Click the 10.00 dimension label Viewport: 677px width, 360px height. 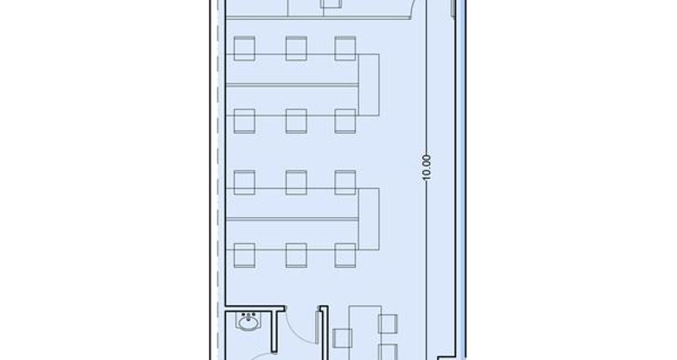pyautogui.click(x=426, y=168)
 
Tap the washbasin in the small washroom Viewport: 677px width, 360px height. pyautogui.click(x=249, y=322)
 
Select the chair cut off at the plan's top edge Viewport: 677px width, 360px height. pyautogui.click(x=331, y=4)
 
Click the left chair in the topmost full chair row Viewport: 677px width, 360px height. pyautogui.click(x=244, y=48)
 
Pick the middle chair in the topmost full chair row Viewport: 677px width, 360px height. pyautogui.click(x=296, y=48)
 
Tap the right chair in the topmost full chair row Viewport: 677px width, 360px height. pyautogui.click(x=345, y=48)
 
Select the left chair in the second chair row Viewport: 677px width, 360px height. pyautogui.click(x=244, y=121)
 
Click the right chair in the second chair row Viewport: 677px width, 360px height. pyautogui.click(x=345, y=121)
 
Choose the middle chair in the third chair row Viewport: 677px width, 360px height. pyautogui.click(x=296, y=182)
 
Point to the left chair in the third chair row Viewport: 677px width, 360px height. pyautogui.click(x=244, y=182)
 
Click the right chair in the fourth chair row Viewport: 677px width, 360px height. pyautogui.click(x=345, y=255)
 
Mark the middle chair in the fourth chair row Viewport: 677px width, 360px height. pyautogui.click(x=296, y=255)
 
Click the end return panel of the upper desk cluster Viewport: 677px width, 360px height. pyautogui.click(x=368, y=85)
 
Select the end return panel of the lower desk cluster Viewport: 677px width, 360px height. pyautogui.click(x=368, y=219)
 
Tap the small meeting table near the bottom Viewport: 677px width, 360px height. pyautogui.click(x=366, y=333)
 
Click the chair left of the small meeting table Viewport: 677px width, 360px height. pyautogui.click(x=342, y=339)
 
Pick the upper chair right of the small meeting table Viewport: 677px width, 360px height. pyautogui.click(x=388, y=324)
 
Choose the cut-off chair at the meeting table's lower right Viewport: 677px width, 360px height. pyautogui.click(x=388, y=351)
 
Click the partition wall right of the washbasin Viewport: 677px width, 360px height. pyautogui.click(x=274, y=331)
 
